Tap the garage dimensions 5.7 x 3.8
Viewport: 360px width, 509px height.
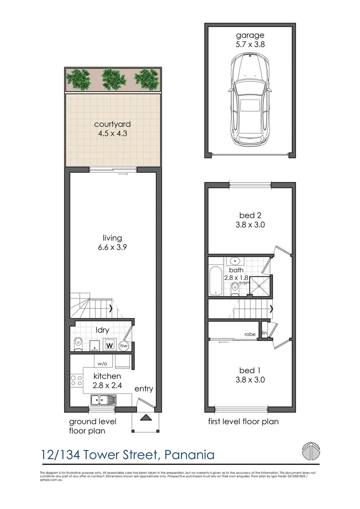click(250, 44)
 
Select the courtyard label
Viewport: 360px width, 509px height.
click(112, 124)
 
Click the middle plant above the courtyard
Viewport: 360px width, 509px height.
click(114, 78)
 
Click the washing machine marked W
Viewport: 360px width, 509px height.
click(109, 345)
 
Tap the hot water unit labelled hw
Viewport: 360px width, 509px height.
click(124, 346)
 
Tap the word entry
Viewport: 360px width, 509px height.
click(143, 389)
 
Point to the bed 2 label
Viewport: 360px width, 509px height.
click(250, 216)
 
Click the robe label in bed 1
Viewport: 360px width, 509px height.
click(250, 334)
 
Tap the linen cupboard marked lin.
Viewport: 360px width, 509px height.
click(265, 333)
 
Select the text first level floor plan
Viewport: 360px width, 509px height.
click(243, 421)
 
